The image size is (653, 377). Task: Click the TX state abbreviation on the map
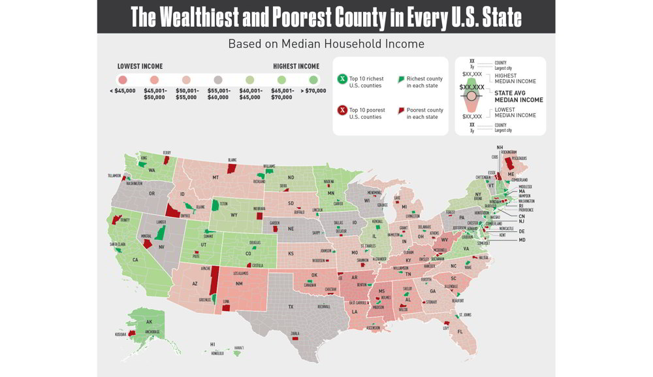tap(291, 306)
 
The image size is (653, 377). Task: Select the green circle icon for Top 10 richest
tap(341, 79)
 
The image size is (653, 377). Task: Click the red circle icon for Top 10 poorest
tap(341, 110)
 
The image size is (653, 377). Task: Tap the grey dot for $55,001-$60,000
tap(218, 79)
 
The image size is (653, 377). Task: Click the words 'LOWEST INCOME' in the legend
tap(140, 66)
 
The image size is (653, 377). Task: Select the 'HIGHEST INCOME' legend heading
tap(296, 66)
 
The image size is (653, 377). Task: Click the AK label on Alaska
tap(149, 322)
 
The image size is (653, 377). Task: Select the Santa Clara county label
tap(117, 244)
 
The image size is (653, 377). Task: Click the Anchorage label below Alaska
tap(151, 331)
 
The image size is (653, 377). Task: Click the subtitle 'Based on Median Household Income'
tap(326, 44)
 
